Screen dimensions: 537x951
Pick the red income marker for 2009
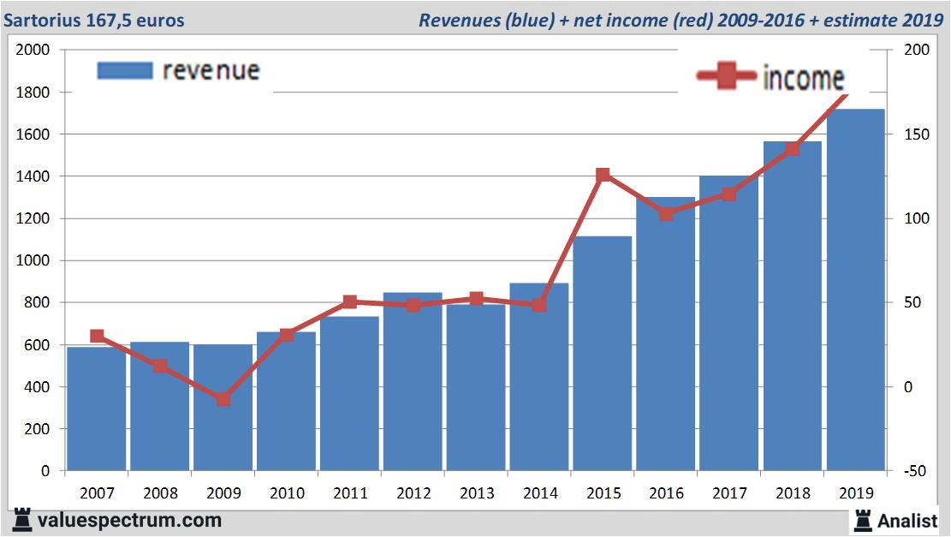click(x=223, y=399)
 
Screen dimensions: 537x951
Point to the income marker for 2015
click(x=603, y=175)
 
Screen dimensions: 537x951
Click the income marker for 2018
click(x=793, y=149)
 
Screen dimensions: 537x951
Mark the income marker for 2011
click(x=349, y=302)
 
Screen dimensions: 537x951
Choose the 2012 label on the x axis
click(x=413, y=493)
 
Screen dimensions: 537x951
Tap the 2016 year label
click(x=666, y=493)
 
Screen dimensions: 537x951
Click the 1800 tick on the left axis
click(x=33, y=92)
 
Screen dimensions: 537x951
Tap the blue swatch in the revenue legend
click(x=125, y=71)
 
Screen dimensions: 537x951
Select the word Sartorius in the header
click(x=41, y=20)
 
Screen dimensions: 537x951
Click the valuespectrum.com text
click(x=129, y=520)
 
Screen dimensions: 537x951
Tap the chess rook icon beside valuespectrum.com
click(x=21, y=520)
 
